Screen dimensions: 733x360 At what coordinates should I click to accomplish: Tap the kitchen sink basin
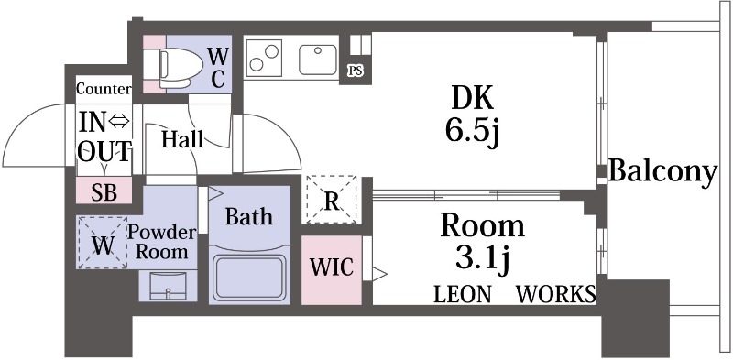click(x=318, y=60)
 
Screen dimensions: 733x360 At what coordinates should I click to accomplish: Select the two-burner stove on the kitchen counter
click(x=265, y=58)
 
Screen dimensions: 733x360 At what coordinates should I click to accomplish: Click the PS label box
click(x=355, y=71)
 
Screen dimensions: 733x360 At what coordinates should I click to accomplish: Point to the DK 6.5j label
click(x=472, y=116)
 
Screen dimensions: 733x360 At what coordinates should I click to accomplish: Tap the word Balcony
click(x=662, y=171)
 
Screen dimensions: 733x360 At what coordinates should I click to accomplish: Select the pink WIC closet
click(x=332, y=270)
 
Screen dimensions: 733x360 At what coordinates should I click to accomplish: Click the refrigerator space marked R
click(x=332, y=200)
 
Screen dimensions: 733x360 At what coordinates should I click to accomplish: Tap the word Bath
click(x=248, y=216)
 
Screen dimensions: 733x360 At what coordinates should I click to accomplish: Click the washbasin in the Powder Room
click(x=168, y=286)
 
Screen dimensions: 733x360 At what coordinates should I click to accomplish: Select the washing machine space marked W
click(x=103, y=243)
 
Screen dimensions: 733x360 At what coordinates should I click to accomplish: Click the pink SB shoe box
click(x=104, y=191)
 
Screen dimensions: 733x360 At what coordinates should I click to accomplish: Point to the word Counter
click(x=104, y=89)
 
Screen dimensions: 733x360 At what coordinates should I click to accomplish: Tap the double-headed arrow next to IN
click(x=119, y=123)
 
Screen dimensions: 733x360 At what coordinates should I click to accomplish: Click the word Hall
click(x=182, y=139)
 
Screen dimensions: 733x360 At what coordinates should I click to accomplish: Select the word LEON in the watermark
click(x=463, y=295)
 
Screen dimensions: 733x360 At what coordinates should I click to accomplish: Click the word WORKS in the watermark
click(x=556, y=295)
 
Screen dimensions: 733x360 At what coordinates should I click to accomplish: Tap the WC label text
click(x=218, y=69)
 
